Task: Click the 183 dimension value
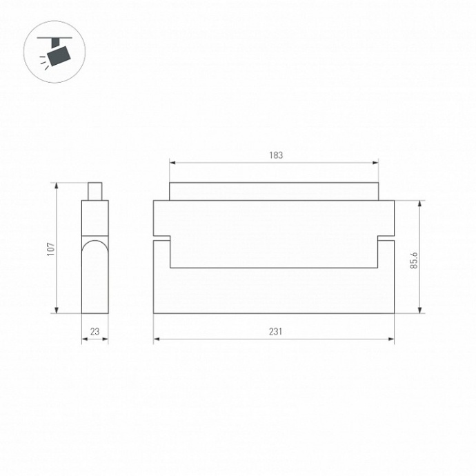click(x=275, y=155)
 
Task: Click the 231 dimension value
click(x=275, y=332)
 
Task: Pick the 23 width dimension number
click(x=95, y=332)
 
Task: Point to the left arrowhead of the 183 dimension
click(x=172, y=163)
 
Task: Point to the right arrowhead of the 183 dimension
click(x=376, y=163)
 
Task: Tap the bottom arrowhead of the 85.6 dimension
click(x=420, y=310)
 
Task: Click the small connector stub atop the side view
click(x=95, y=191)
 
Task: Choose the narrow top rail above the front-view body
click(x=274, y=191)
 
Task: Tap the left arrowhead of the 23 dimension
click(x=84, y=339)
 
